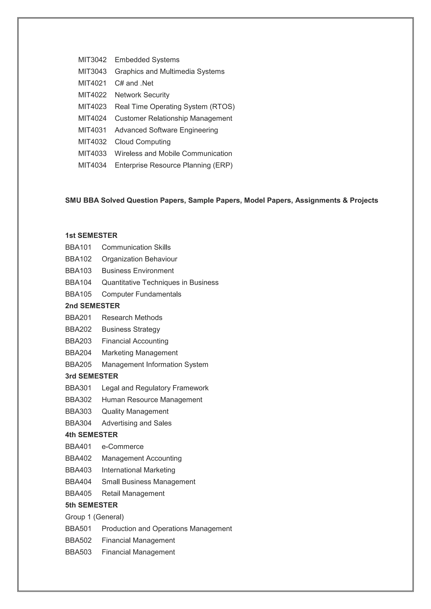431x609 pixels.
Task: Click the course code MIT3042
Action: pos(92,60)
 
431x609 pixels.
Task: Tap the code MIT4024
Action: pos(92,118)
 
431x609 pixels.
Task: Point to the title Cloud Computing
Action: pos(142,142)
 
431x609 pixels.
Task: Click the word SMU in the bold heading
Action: pos(73,200)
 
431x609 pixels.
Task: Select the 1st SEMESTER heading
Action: pos(91,235)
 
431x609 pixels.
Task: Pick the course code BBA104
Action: pos(78,282)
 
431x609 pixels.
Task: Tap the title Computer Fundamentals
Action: pos(141,294)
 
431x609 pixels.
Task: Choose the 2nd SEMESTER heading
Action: pos(92,306)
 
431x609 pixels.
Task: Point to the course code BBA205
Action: pos(78,364)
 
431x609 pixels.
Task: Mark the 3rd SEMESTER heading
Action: pos(92,376)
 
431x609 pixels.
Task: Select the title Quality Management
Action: pos(135,411)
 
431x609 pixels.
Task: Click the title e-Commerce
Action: pos(123,446)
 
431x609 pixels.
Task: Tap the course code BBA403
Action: pos(78,470)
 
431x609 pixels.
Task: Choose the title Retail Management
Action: pos(133,493)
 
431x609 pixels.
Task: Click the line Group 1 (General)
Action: pos(94,517)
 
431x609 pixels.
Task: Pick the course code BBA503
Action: pos(78,552)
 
